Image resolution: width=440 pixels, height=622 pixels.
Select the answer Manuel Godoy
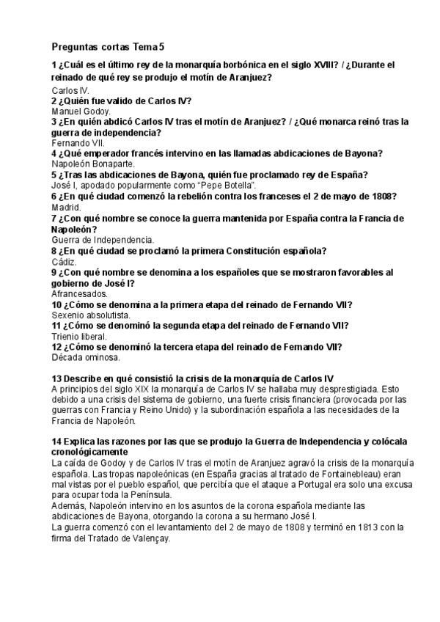(x=80, y=111)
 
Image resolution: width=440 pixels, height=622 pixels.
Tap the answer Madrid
(x=66, y=208)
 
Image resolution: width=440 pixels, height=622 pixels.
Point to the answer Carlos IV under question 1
(x=70, y=89)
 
